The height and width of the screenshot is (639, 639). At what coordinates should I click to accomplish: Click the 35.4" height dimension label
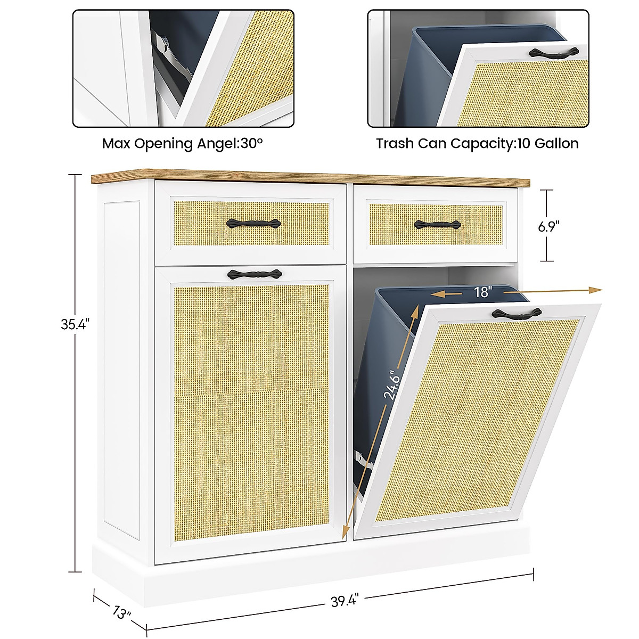[72, 324]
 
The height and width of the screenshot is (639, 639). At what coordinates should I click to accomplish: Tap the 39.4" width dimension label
[345, 601]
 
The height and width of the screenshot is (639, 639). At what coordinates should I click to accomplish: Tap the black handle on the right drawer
[437, 225]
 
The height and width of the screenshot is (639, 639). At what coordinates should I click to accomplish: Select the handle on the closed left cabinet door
[254, 275]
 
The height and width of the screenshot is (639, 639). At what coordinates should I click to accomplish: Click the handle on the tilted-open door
[515, 314]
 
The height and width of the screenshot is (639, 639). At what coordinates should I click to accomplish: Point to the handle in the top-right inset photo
[554, 52]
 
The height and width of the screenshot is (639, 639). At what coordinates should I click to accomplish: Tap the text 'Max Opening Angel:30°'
[183, 144]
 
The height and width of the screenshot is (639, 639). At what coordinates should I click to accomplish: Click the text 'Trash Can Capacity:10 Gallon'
[477, 144]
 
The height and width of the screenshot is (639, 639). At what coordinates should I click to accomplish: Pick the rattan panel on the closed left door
[250, 415]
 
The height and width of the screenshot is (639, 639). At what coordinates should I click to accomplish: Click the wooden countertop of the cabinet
[309, 176]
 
